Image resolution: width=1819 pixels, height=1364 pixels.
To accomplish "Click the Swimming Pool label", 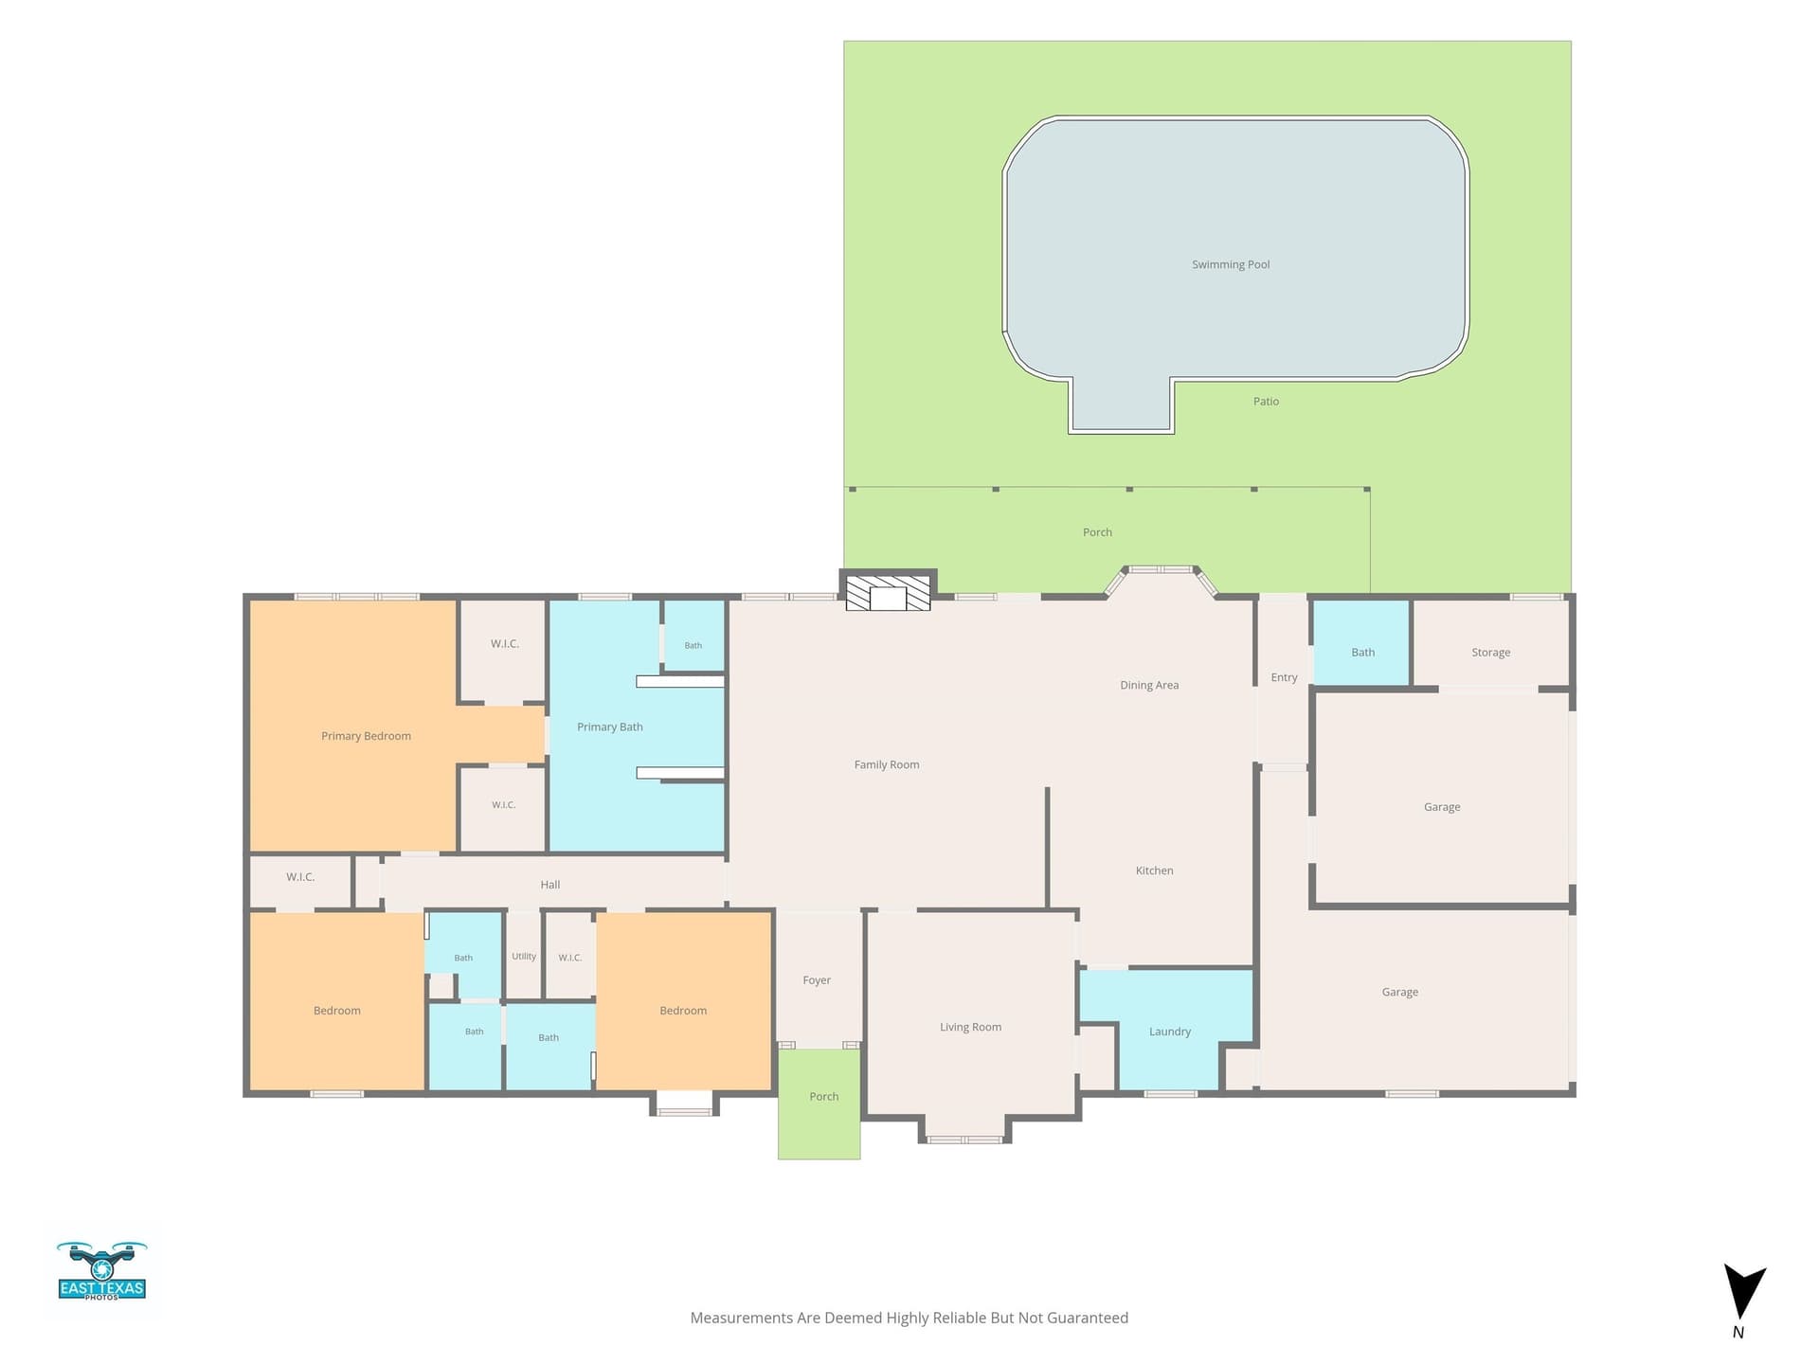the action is tap(1231, 265).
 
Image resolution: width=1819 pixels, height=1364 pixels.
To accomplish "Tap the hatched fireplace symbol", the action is tap(888, 593).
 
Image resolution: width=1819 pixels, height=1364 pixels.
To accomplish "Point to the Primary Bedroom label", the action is tap(366, 736).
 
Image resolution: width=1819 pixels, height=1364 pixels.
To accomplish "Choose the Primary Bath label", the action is tap(610, 727).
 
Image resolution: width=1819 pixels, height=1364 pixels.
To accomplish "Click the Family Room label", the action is tap(887, 765).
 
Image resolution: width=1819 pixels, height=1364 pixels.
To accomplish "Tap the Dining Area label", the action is tap(1149, 686).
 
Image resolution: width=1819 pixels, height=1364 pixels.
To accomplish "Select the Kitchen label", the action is tap(1154, 870).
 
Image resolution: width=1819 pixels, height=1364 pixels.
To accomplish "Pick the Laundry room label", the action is tap(1170, 1032).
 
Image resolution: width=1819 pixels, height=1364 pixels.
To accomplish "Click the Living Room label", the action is tap(970, 1027).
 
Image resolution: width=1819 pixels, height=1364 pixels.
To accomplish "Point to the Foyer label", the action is tap(817, 980).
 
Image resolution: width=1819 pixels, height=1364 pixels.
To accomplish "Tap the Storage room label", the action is tap(1491, 653).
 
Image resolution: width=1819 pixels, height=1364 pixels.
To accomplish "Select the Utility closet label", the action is tap(524, 957).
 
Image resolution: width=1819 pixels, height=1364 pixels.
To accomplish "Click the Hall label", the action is tap(550, 885).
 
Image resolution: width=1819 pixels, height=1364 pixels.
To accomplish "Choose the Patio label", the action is tap(1266, 402).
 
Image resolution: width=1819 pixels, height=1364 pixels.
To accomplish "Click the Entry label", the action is tap(1284, 677).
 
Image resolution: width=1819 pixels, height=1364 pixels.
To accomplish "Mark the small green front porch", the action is tap(819, 1104).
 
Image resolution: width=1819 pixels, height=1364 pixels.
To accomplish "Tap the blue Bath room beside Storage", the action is tap(1362, 643).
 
